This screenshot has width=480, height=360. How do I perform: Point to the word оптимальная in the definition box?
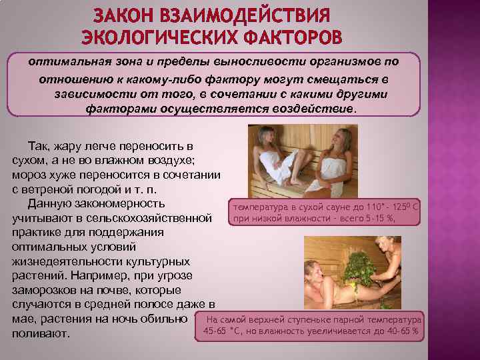click(70, 61)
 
